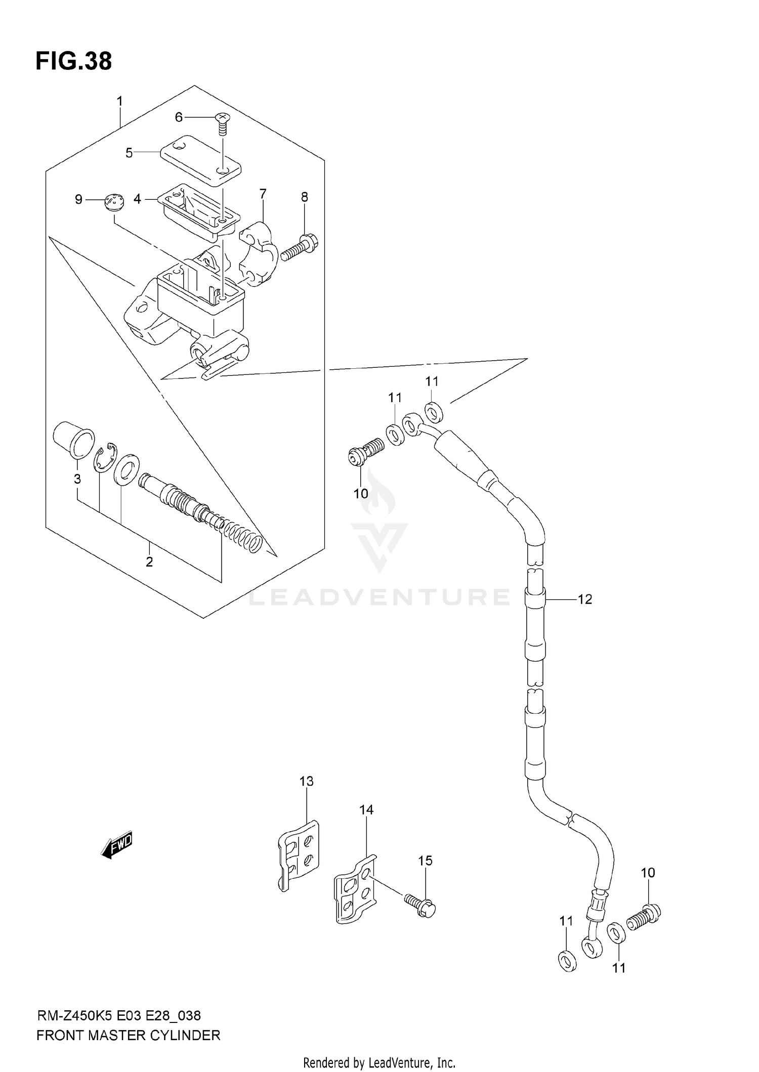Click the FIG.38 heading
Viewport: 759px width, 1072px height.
(73, 61)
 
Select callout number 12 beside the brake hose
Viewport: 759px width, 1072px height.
(584, 599)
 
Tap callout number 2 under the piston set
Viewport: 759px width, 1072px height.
(149, 562)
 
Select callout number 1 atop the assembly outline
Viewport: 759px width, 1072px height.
(120, 101)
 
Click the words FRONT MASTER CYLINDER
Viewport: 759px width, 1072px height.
(129, 1036)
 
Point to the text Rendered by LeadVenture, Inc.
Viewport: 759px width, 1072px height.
(379, 1063)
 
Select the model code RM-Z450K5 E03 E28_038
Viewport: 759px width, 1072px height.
(119, 1015)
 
